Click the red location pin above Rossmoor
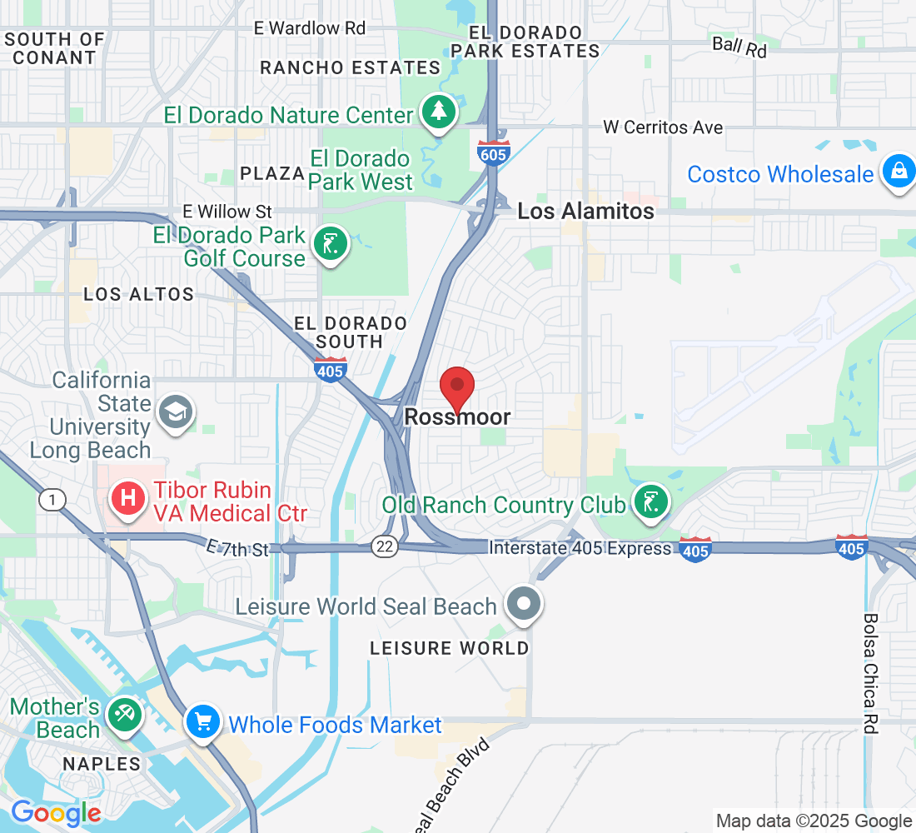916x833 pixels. coord(457,387)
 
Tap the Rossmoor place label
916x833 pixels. coord(457,417)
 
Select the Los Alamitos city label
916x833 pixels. coord(585,212)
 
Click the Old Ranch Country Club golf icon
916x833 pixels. coord(651,502)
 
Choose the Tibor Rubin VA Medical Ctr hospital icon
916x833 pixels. coord(128,499)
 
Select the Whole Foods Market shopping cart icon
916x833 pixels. coord(202,721)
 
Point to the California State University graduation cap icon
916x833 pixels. coord(177,412)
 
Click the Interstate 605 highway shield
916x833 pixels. coord(494,152)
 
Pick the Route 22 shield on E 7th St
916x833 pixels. coord(386,546)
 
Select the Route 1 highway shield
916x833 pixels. coord(52,499)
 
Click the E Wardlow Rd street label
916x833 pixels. coord(310,28)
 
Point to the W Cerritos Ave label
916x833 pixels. coord(663,128)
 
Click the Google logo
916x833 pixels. coord(55,812)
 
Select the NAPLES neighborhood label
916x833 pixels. coord(102,764)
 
